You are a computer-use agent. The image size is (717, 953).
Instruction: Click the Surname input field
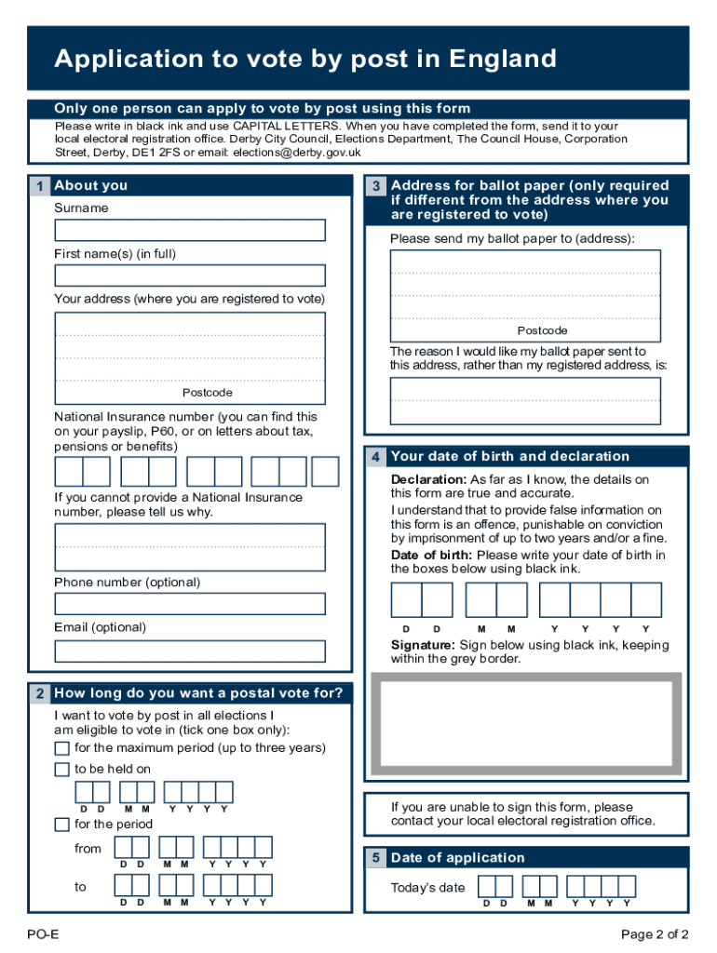[x=190, y=230]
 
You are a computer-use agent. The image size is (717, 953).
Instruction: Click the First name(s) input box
[x=190, y=275]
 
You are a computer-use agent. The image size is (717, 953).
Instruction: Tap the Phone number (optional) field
[x=190, y=604]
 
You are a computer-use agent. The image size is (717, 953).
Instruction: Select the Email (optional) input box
[x=190, y=651]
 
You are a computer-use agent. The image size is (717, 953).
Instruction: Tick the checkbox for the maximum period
[x=61, y=749]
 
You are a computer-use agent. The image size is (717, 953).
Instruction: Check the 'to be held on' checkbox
[x=61, y=770]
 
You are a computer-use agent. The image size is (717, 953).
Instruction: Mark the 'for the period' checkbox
[x=61, y=825]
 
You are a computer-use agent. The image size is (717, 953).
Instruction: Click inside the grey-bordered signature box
[x=525, y=727]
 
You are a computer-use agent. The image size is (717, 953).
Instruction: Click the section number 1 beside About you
[x=39, y=186]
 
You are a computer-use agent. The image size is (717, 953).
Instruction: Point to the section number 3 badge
[x=375, y=186]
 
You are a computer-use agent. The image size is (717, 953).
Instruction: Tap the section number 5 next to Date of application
[x=375, y=858]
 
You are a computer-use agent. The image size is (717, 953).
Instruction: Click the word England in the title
[x=503, y=60]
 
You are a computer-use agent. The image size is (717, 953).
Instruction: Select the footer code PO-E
[x=43, y=934]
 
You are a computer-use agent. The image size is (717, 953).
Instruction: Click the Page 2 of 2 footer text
[x=655, y=934]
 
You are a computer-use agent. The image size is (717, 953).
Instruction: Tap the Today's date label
[x=427, y=888]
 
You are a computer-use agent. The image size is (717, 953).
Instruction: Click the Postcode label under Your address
[x=207, y=393]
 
